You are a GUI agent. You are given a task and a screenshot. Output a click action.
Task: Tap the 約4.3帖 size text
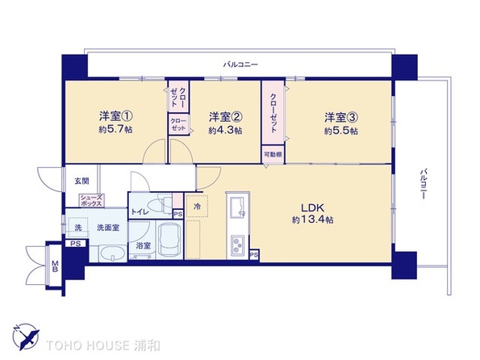[x=225, y=130]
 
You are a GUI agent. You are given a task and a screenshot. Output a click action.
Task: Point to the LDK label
[x=312, y=208]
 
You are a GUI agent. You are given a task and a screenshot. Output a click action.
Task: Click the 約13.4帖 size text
[x=312, y=220]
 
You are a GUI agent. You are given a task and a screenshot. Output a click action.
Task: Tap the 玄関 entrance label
[x=81, y=181]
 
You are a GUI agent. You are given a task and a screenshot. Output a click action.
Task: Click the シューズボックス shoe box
[x=91, y=200]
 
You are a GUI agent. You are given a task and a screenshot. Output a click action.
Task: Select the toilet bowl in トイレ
[x=159, y=205]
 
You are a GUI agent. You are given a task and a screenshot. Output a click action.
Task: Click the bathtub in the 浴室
[x=169, y=239]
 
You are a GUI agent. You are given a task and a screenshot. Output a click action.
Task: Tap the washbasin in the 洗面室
[x=112, y=253]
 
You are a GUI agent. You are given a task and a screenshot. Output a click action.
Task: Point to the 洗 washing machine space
[x=78, y=228]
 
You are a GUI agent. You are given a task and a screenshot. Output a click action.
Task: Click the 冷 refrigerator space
[x=197, y=206]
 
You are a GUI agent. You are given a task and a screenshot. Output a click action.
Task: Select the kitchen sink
[x=237, y=207]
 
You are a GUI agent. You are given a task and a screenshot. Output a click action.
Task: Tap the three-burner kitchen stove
[x=237, y=245]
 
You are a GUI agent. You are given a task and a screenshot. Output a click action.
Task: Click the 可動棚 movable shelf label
[x=273, y=155]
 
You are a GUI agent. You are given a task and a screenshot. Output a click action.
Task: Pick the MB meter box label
[x=55, y=266]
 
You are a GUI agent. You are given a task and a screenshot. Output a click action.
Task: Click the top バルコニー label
[x=240, y=65]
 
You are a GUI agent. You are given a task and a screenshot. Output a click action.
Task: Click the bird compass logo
[x=26, y=337]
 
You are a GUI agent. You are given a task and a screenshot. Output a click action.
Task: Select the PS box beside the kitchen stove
[x=254, y=254]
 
